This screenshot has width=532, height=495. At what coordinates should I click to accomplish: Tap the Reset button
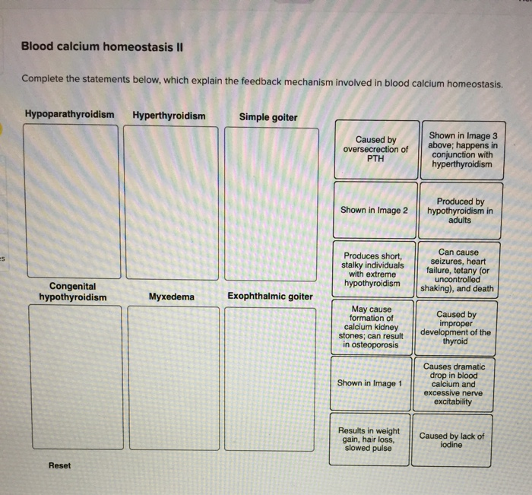tap(59, 465)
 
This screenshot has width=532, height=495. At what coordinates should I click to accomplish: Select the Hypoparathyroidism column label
tap(70, 116)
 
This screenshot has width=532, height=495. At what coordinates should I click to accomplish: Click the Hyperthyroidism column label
tap(169, 116)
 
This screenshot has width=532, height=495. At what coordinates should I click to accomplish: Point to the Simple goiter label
tap(268, 117)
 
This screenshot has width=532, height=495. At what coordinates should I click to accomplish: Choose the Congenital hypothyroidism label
tap(73, 291)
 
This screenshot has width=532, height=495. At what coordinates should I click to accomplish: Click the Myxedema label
tap(172, 296)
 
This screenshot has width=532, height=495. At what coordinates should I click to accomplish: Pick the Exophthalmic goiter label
tap(270, 296)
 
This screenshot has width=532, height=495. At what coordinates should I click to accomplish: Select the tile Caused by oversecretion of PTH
tap(375, 149)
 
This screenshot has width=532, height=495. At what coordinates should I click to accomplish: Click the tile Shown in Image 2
tap(375, 211)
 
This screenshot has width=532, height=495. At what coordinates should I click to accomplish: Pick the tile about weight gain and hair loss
tap(371, 439)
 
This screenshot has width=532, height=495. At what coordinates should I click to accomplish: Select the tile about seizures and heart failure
tap(461, 270)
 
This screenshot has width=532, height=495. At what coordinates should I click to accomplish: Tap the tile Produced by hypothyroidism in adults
tap(461, 211)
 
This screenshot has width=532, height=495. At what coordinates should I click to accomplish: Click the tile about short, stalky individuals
tap(374, 269)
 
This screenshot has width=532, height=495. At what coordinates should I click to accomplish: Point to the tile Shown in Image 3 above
tap(461, 150)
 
